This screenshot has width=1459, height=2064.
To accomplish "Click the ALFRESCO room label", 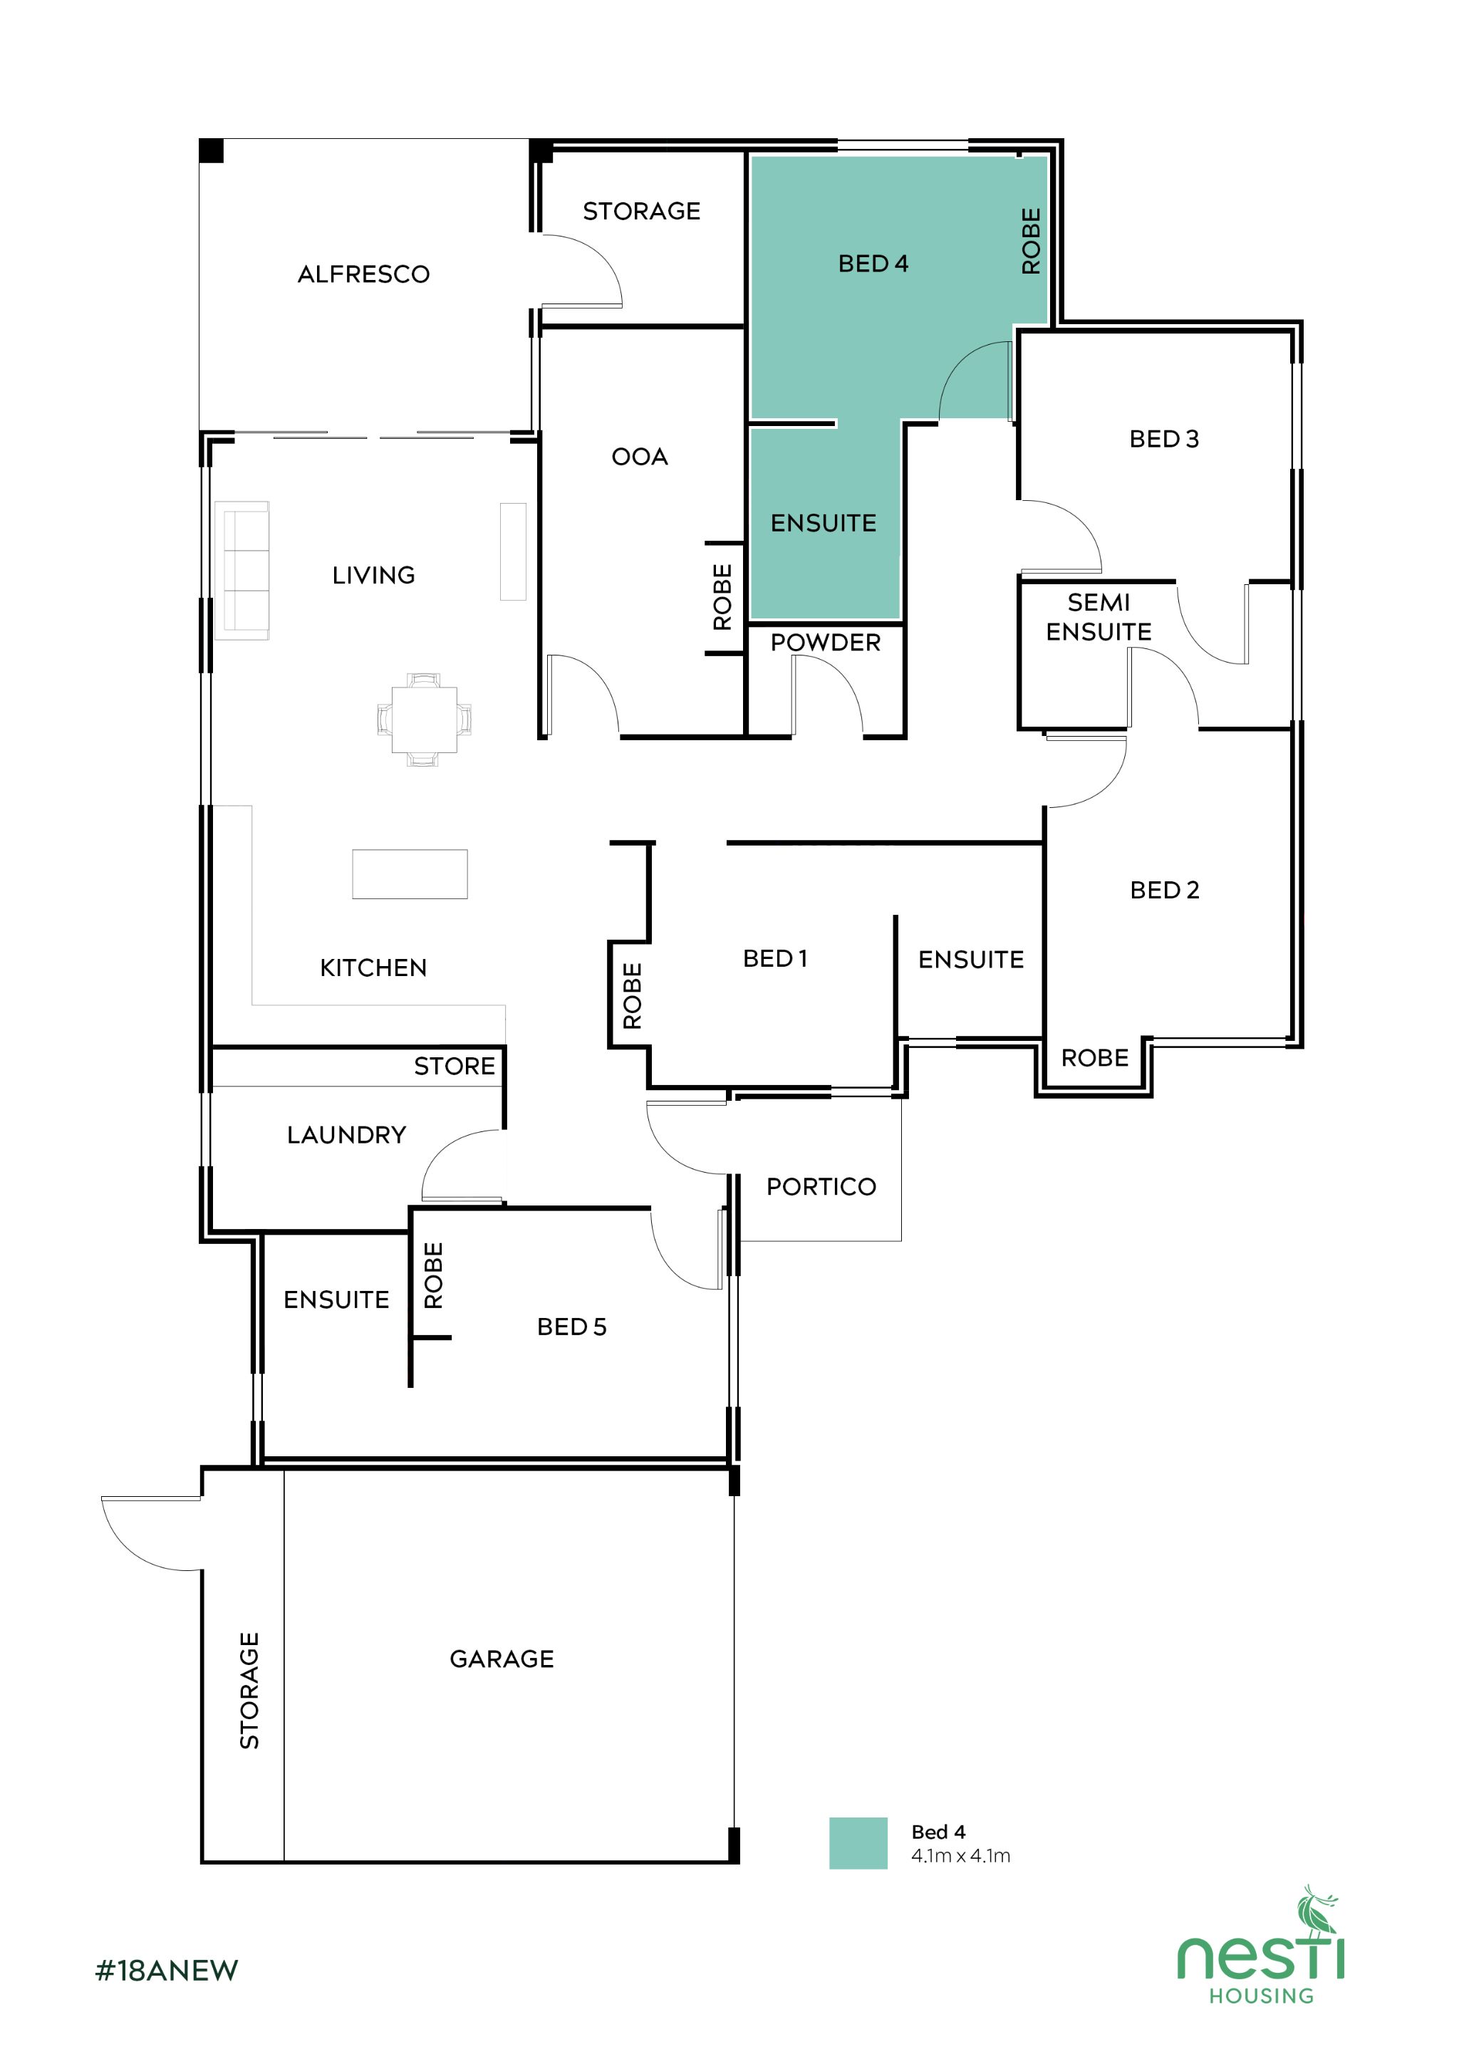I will point(363,274).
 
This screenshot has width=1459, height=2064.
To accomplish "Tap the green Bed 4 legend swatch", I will point(858,1843).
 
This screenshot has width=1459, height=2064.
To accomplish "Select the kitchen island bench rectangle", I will point(409,873).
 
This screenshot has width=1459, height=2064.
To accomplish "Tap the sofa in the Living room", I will point(242,570).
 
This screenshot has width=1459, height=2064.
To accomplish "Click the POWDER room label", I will point(825,643).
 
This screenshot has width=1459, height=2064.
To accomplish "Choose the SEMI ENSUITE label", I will point(1098,617).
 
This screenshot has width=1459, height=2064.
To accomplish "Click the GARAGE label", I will point(502,1659).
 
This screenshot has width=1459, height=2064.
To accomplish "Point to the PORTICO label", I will point(821,1187).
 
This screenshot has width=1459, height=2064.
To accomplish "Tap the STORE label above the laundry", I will point(454,1066).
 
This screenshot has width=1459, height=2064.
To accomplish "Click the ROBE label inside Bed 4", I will point(1031,241).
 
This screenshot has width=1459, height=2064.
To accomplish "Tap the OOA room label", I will point(639,457).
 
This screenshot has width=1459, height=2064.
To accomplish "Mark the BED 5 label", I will point(572,1327).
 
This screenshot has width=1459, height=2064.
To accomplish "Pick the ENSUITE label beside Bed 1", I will point(971,960).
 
